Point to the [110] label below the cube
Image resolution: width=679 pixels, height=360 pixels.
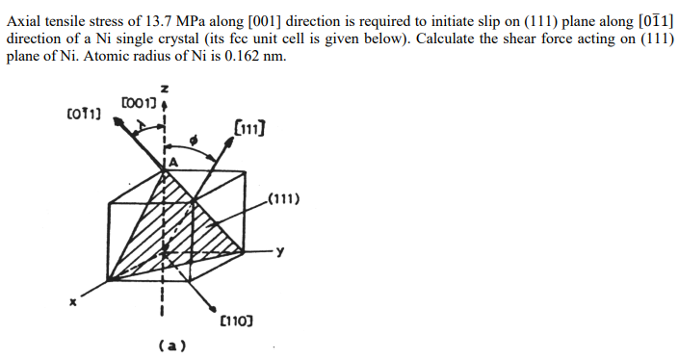click(236, 319)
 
